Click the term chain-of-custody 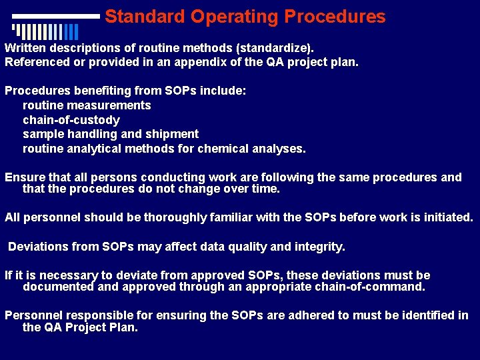pyautogui.click(x=71, y=120)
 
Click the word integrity pyautogui.click(x=321, y=247)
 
